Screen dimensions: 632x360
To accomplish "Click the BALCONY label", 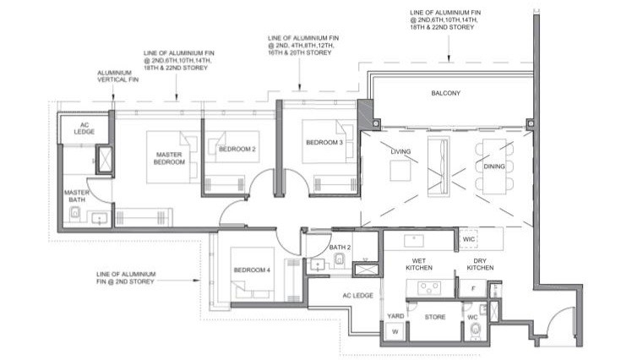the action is (445, 93).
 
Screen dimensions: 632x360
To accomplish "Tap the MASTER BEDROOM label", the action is (169, 158).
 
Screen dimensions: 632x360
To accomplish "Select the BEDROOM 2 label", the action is (237, 150).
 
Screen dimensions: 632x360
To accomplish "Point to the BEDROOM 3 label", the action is (324, 142).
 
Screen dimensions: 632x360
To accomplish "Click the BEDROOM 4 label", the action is (252, 270).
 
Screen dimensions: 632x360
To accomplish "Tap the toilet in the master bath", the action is (74, 212).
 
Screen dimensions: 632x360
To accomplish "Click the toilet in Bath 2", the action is (340, 259).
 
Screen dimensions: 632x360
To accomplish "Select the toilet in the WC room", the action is (476, 330).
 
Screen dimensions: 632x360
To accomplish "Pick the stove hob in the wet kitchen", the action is (429, 288).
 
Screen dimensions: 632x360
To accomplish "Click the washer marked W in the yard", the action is (395, 332).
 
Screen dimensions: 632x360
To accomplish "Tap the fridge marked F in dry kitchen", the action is (473, 288).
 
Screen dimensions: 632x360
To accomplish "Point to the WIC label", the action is (468, 239).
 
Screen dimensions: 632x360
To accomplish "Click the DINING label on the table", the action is (494, 166).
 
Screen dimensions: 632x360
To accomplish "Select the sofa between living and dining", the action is (439, 166).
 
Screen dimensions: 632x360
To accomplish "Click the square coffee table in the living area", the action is (400, 171).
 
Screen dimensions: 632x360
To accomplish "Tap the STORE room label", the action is (435, 317).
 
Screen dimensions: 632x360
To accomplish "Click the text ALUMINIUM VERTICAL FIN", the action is (117, 76).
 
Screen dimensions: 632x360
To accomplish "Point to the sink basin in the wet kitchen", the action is (414, 241).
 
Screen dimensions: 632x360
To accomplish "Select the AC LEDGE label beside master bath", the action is (84, 128).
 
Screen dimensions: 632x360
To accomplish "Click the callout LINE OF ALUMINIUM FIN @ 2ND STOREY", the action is (126, 278).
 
